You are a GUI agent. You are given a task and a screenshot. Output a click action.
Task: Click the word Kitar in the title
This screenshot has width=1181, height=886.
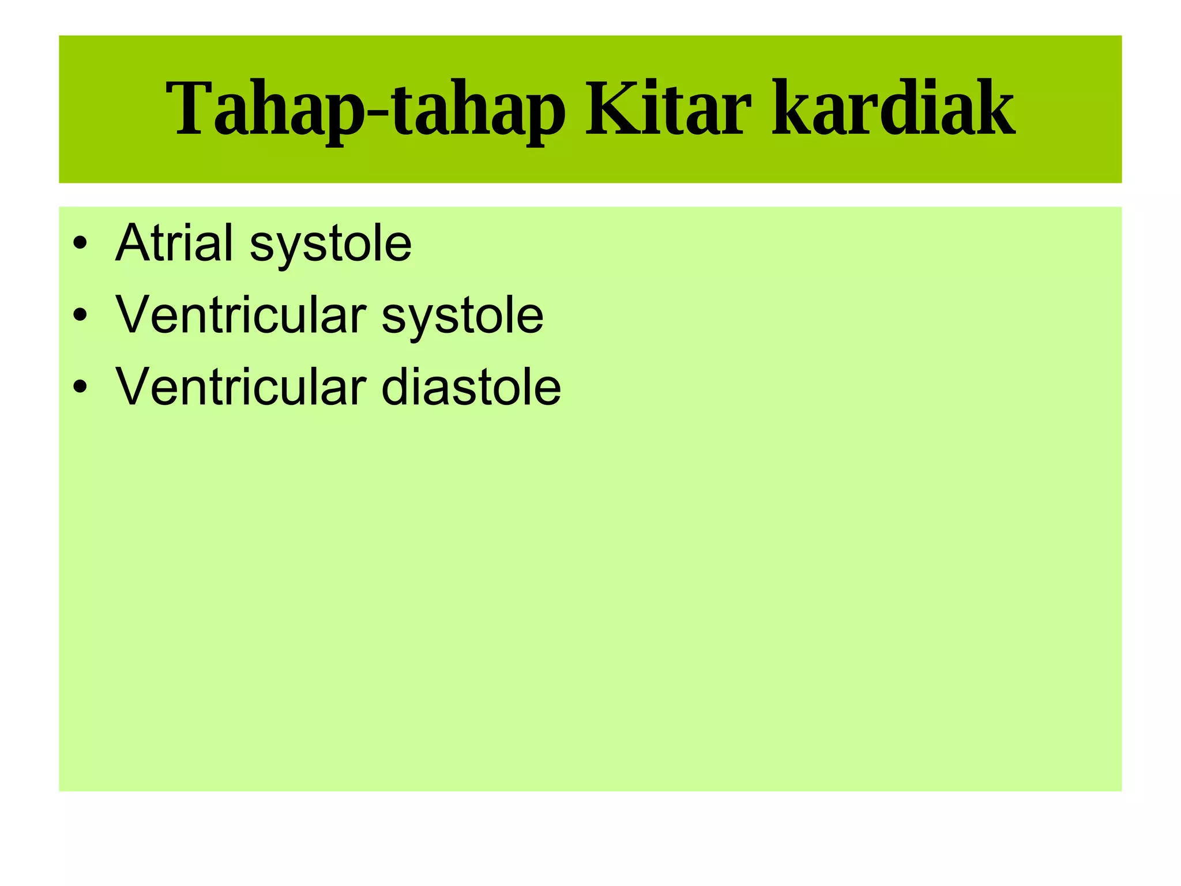pyautogui.click(x=668, y=110)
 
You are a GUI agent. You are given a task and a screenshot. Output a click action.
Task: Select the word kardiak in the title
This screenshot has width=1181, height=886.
pyautogui.click(x=893, y=110)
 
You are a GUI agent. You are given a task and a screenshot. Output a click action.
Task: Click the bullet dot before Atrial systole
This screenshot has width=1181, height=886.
pyautogui.click(x=80, y=243)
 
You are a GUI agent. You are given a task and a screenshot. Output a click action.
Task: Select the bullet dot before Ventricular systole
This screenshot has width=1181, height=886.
pyautogui.click(x=80, y=315)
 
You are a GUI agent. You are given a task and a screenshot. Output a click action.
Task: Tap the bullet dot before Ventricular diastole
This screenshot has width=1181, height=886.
pyautogui.click(x=80, y=387)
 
